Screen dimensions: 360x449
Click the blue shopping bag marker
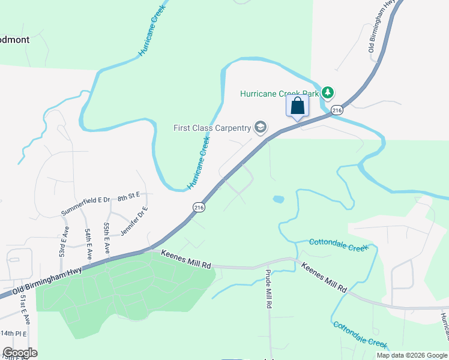(x=297, y=107)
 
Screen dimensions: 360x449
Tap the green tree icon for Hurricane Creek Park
(x=327, y=93)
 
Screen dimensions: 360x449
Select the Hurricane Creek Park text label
(x=279, y=94)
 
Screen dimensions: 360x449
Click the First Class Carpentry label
(x=212, y=128)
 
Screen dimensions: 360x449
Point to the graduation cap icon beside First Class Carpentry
(x=260, y=127)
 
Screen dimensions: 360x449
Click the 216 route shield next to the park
(x=337, y=110)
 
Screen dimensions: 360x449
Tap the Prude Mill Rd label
(x=269, y=289)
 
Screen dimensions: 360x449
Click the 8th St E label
(x=128, y=196)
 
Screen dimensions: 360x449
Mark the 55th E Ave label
(x=107, y=237)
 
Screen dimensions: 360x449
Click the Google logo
(x=20, y=353)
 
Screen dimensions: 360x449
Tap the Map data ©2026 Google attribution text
(x=411, y=355)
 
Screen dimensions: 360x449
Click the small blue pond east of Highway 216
(x=278, y=199)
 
